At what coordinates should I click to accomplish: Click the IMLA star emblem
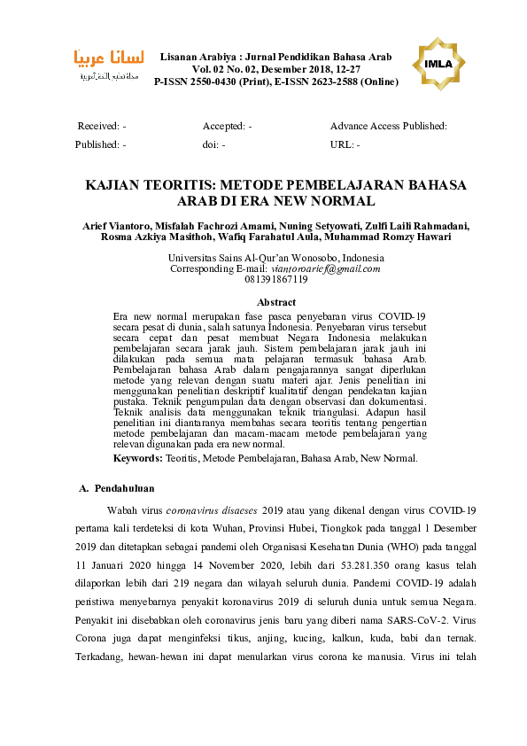click(x=440, y=65)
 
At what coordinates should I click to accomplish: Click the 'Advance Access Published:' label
click(x=388, y=127)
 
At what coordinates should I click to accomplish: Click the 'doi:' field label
click(x=211, y=144)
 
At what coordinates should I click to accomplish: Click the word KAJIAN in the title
click(x=116, y=185)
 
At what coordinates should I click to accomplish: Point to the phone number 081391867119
click(x=275, y=279)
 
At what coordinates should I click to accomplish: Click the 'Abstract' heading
click(x=275, y=302)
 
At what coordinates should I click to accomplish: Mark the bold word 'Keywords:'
click(x=138, y=459)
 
